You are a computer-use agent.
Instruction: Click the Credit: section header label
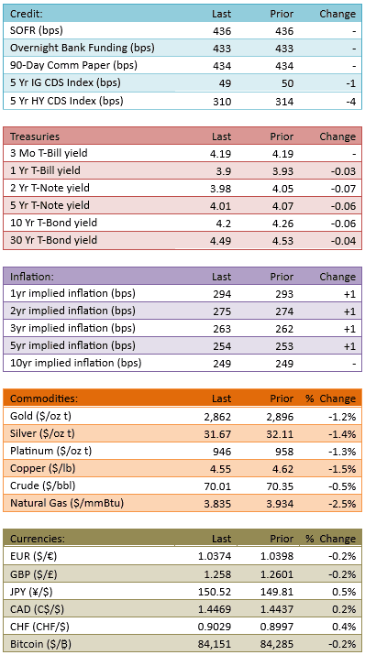[27, 14]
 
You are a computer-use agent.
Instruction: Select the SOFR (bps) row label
[37, 30]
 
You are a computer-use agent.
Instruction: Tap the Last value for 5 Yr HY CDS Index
[222, 102]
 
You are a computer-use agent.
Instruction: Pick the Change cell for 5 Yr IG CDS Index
[350, 83]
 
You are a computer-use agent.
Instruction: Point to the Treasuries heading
[35, 136]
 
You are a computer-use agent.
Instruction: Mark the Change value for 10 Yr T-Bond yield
[345, 224]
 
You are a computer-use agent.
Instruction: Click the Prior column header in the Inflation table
[282, 277]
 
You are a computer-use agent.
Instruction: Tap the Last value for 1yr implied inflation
[222, 294]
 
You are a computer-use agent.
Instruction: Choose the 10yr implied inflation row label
[76, 363]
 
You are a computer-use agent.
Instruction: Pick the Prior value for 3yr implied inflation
[284, 329]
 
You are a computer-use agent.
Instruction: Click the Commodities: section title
[44, 398]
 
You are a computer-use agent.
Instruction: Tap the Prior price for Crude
[282, 486]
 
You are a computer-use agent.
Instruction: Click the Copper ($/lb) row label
[43, 469]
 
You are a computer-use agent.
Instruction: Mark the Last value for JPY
[217, 592]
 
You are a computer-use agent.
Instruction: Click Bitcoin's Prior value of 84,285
[280, 644]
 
